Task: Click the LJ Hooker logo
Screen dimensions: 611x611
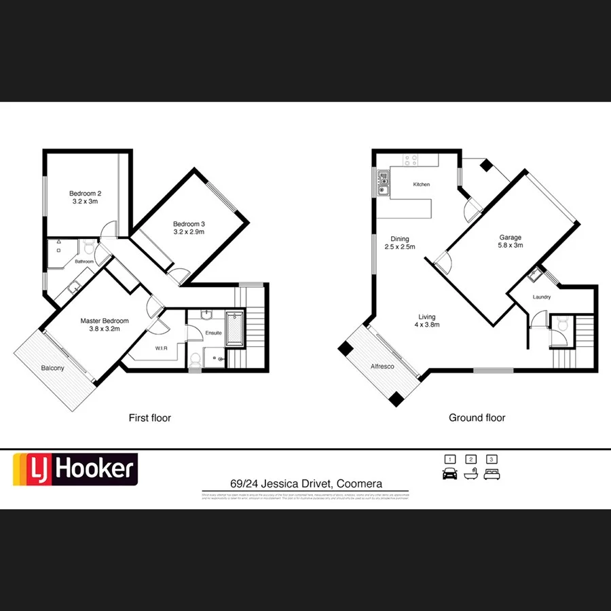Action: pos(75,469)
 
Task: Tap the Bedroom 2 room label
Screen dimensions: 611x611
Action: pos(86,198)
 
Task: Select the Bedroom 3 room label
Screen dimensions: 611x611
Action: pos(188,228)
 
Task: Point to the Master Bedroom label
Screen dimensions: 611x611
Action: pos(104,325)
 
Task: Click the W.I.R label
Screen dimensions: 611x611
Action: pos(161,348)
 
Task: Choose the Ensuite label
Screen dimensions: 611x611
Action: pos(214,333)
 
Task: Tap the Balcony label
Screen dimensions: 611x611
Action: pos(52,368)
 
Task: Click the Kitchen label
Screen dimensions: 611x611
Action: pos(421,185)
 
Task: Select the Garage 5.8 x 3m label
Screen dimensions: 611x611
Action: pos(511,242)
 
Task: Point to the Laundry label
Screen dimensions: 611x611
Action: pos(541,297)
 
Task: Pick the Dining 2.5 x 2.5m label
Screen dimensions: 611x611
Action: pos(399,243)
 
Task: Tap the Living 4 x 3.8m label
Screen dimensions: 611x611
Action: pos(426,320)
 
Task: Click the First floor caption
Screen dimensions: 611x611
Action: pos(150,418)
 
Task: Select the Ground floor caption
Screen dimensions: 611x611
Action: pos(477,418)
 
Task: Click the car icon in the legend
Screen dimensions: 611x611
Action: pos(449,474)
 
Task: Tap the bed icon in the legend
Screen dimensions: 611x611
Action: pos(492,474)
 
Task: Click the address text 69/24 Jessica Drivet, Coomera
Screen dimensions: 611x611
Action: pos(305,484)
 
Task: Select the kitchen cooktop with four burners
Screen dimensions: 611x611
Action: pos(411,161)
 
